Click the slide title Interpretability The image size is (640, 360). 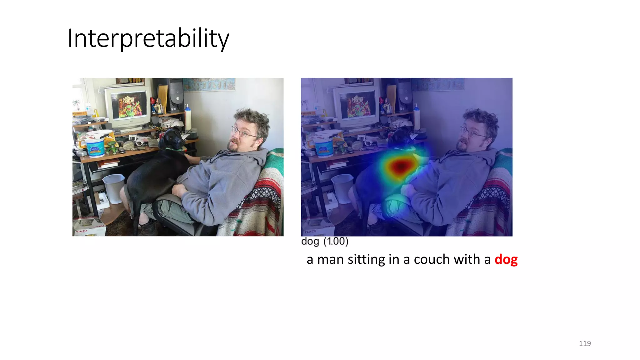(148, 38)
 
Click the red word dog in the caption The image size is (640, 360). (506, 259)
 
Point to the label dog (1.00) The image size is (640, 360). (324, 241)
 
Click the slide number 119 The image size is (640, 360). (584, 343)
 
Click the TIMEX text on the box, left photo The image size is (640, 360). (82, 232)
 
